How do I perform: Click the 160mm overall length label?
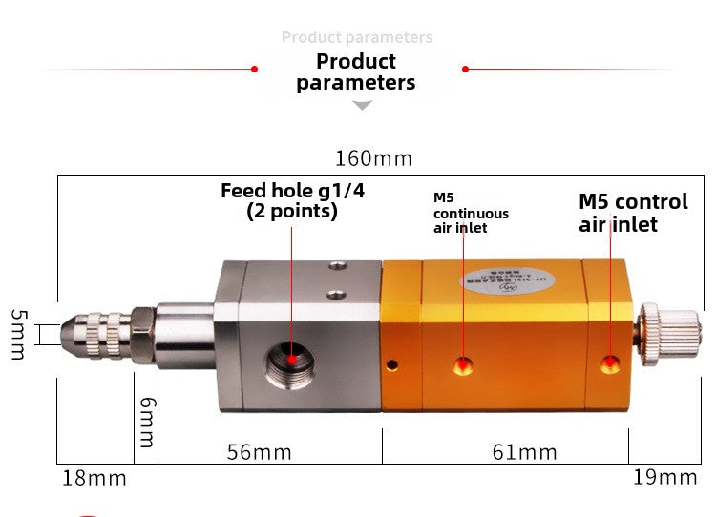click(x=372, y=157)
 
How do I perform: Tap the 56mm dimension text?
click(x=259, y=451)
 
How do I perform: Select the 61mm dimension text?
click(x=524, y=451)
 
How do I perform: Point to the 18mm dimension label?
click(x=95, y=478)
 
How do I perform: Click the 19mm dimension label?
click(x=665, y=477)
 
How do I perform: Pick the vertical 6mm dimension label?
click(x=145, y=423)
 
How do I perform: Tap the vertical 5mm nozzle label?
click(x=18, y=334)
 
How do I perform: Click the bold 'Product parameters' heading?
click(x=355, y=72)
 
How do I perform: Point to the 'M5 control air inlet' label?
click(x=633, y=213)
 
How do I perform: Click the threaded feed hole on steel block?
click(x=291, y=361)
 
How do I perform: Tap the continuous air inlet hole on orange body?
click(x=463, y=363)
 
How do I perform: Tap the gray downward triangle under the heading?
click(x=362, y=105)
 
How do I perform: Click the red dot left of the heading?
click(x=254, y=69)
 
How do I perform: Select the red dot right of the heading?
click(x=465, y=69)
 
